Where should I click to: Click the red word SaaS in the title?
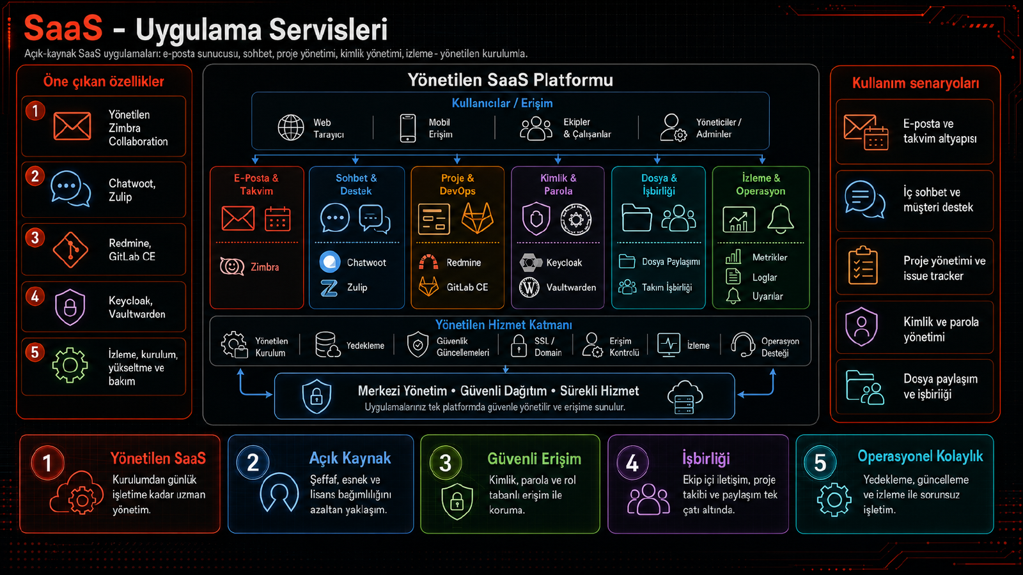tap(63, 28)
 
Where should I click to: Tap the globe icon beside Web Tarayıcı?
tap(291, 128)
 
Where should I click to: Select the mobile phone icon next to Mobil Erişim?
tap(408, 128)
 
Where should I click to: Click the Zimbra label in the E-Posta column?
tap(265, 267)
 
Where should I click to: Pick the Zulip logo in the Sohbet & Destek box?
tap(329, 287)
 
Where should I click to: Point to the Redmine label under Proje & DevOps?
tap(464, 263)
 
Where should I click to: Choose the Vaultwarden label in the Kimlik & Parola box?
tap(571, 287)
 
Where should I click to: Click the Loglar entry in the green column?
tap(765, 277)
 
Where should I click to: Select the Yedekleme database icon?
tap(327, 344)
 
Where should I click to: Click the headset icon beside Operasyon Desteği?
tap(742, 344)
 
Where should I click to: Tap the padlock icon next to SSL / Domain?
tap(519, 346)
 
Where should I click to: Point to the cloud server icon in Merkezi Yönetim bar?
tap(685, 397)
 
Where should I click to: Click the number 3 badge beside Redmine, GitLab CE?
tap(35, 238)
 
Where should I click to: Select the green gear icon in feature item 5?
tap(70, 365)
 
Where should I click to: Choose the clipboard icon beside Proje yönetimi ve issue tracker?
tap(863, 266)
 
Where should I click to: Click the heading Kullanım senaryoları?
tap(916, 83)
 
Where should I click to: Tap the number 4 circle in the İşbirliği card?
tap(632, 463)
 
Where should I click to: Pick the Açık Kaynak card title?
tap(350, 458)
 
